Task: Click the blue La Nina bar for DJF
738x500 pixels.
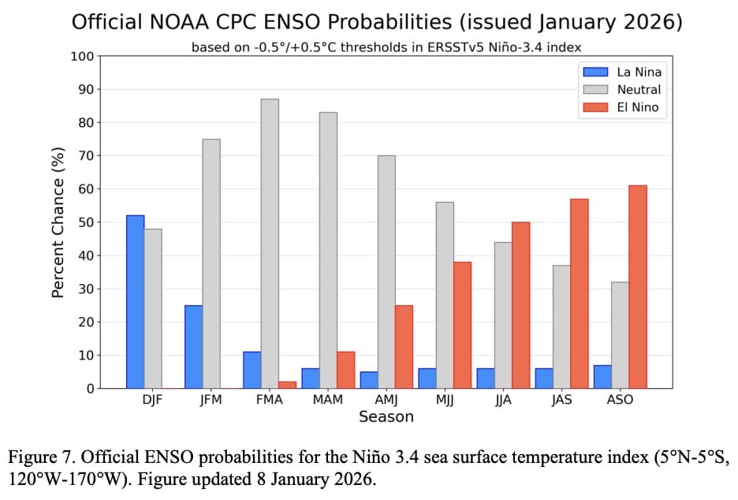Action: point(135,301)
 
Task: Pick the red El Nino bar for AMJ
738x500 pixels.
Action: point(403,346)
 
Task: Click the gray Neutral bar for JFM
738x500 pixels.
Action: point(211,263)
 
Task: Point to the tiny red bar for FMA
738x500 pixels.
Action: point(287,385)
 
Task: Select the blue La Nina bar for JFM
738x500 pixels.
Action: point(193,346)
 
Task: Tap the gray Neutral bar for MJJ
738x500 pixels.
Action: point(445,295)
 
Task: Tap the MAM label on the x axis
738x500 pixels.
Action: point(327,400)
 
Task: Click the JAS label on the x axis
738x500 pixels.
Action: point(561,400)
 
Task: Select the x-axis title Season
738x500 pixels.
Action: point(386,417)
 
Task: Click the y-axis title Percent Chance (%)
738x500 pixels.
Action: point(58,222)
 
